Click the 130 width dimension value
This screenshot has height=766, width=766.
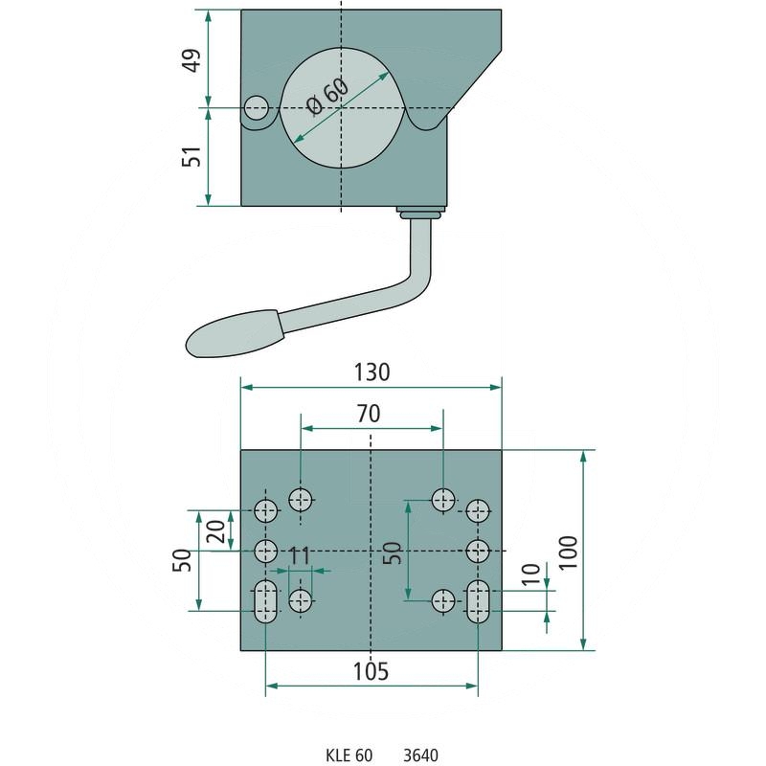372,372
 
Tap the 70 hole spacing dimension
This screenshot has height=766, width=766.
369,414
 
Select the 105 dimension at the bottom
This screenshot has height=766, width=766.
371,672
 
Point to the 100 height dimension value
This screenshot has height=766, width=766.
568,552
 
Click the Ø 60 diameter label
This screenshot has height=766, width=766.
327,98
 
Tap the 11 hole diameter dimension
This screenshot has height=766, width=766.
300,556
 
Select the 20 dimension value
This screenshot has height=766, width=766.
215,531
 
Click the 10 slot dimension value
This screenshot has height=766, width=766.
531,574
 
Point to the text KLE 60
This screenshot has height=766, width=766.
349,755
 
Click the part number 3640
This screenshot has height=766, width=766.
420,755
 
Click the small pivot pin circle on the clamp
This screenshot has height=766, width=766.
257,108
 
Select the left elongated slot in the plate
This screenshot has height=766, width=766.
266,601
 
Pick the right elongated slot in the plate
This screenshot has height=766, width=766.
478,601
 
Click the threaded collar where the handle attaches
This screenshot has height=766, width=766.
421,212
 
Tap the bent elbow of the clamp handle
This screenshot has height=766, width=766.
417,279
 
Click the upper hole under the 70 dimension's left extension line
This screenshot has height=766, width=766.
301,500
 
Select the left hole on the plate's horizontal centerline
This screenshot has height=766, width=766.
266,552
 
